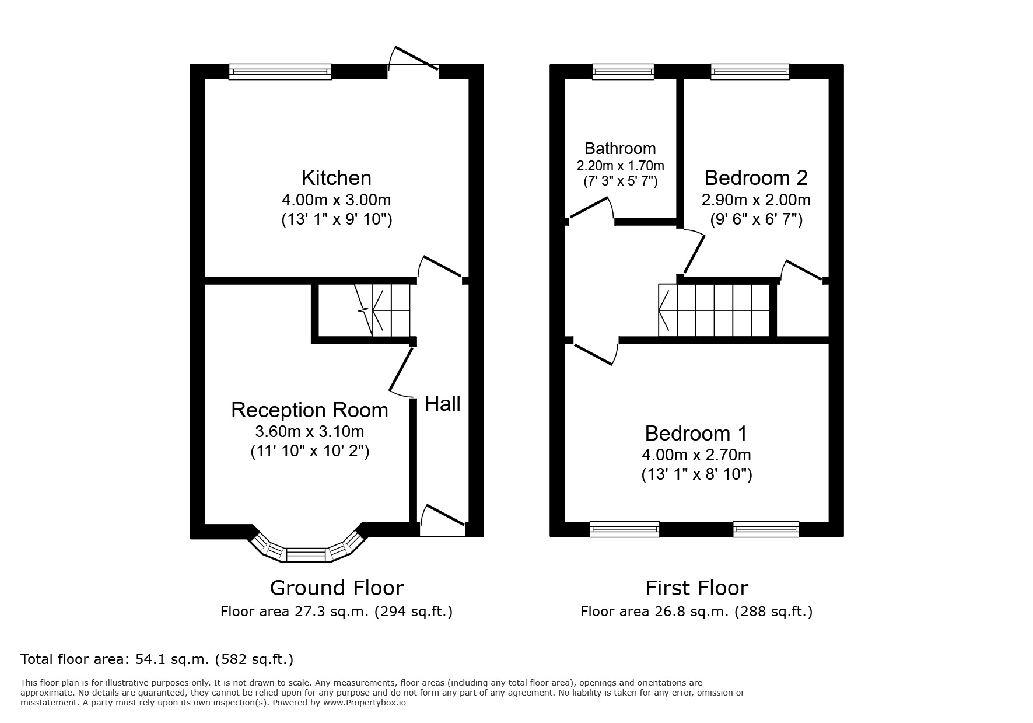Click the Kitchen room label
click(x=336, y=177)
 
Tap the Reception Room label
click(x=309, y=410)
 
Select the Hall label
click(x=442, y=403)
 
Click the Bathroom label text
click(x=620, y=148)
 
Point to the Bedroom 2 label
click(x=756, y=177)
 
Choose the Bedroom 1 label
click(x=696, y=433)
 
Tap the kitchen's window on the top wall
click(x=280, y=72)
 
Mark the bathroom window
click(x=622, y=72)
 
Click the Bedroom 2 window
click(x=750, y=72)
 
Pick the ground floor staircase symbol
click(x=385, y=310)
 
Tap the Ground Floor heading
click(x=337, y=588)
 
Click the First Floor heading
click(x=696, y=588)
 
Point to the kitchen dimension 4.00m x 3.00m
click(x=336, y=200)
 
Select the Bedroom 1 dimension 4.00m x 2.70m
click(x=696, y=455)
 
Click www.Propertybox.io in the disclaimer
click(x=365, y=703)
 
